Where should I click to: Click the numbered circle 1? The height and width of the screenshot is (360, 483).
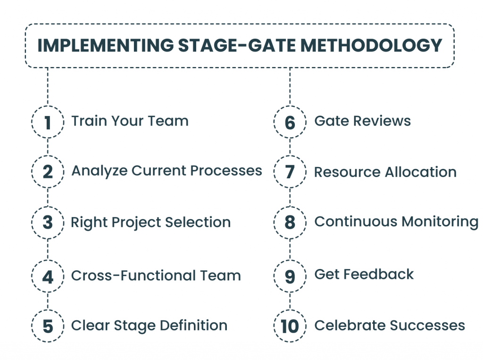[47, 122]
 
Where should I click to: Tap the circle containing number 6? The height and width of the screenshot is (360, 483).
[290, 122]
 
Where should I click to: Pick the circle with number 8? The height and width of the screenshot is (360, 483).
[290, 223]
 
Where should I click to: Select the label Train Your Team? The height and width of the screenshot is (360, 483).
[130, 121]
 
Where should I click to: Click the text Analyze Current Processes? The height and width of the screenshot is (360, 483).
[167, 171]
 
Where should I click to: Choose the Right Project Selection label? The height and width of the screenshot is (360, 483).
[150, 222]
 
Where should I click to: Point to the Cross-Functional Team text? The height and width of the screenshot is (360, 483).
[156, 276]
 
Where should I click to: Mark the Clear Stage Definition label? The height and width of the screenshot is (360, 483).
[149, 326]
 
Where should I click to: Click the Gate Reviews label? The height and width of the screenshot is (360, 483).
[362, 121]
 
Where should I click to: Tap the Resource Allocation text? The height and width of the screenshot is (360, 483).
[385, 172]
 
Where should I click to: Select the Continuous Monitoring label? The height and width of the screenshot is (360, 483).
[396, 222]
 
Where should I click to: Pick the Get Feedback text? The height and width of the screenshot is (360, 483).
[364, 275]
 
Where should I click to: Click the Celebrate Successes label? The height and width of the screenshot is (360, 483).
[390, 326]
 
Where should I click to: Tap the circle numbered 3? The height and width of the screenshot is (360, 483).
[47, 223]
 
